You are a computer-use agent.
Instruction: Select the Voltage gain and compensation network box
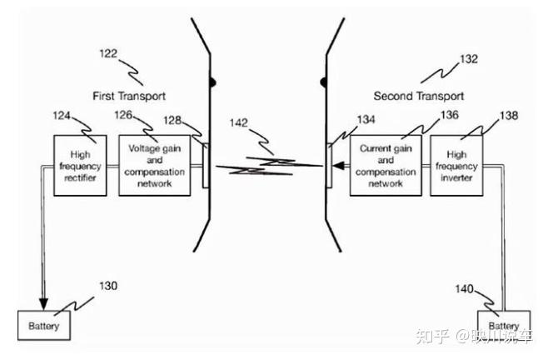[151, 165]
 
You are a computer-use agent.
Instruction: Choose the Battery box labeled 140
[503, 326]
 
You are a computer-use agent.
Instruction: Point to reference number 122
[109, 53]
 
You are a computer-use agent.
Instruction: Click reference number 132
[469, 60]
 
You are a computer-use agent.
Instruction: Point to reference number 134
[366, 120]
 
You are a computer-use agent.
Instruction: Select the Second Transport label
[418, 95]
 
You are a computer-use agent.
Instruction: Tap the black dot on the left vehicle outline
[212, 82]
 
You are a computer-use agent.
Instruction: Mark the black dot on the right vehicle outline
[326, 82]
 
